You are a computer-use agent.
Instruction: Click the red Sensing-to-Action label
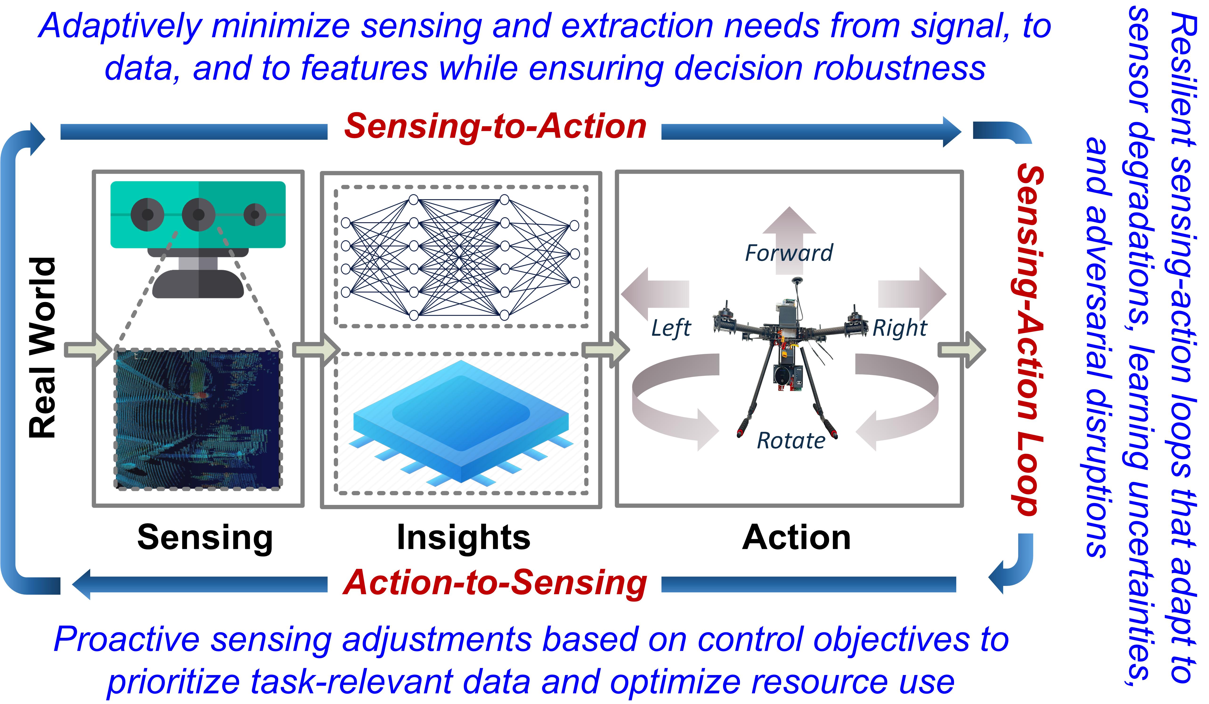[x=495, y=127]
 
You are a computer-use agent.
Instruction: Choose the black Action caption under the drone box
[x=796, y=537]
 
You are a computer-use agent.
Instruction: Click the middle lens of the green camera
[x=198, y=214]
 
